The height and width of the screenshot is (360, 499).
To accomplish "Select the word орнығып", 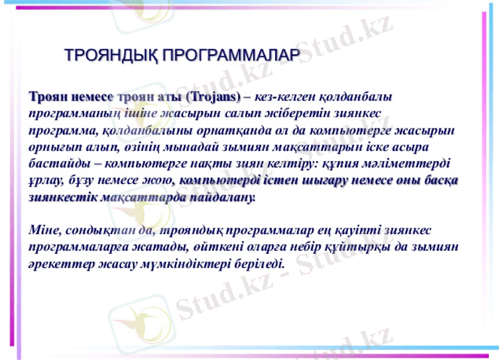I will pyautogui.click(x=51, y=148).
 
